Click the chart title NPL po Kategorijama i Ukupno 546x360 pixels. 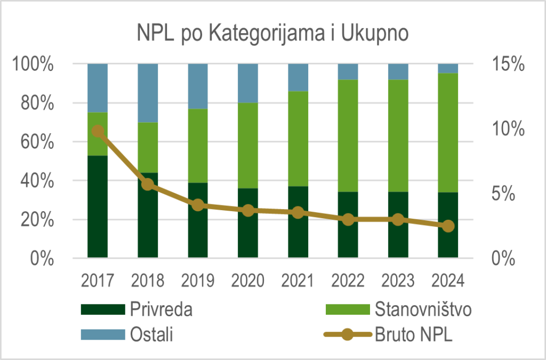272,33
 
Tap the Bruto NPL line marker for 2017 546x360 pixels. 98,131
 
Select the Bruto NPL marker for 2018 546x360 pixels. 148,185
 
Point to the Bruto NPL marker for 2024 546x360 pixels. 448,226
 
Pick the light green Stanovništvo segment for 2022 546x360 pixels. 348,135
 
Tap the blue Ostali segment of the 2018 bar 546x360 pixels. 148,93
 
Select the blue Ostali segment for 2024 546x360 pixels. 448,68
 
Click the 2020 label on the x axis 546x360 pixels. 248,280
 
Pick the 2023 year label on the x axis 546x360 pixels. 398,280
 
